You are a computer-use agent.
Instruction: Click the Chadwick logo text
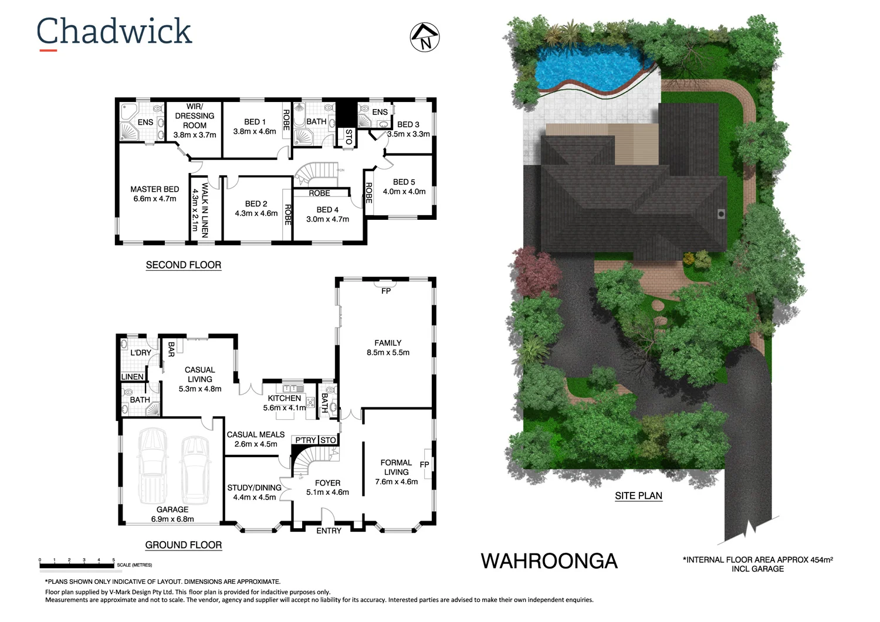114,32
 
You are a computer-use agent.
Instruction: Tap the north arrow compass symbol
425,38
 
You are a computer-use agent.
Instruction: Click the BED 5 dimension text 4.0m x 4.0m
404,192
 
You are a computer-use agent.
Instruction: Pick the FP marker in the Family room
386,291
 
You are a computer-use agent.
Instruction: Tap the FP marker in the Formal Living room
425,464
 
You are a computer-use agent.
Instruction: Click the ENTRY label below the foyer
329,531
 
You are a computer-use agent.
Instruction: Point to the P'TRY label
305,440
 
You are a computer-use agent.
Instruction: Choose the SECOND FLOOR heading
184,265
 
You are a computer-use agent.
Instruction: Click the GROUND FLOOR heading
184,545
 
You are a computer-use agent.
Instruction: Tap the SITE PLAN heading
638,496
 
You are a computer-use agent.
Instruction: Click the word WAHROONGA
549,561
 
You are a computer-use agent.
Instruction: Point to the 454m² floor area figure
821,560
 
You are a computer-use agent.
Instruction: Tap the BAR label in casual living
171,349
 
